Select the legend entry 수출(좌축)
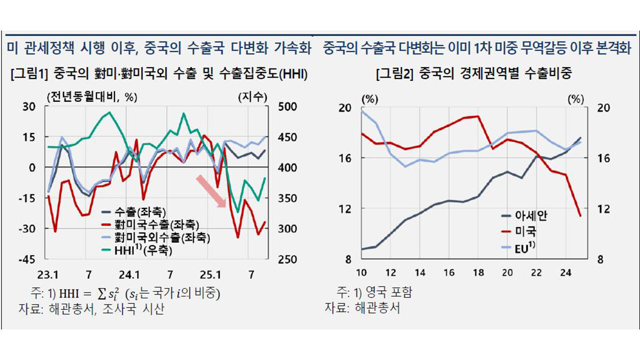pos(140,212)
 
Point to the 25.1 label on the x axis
pos(210,274)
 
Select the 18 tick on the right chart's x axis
pos(478,273)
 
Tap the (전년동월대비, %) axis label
pos(91,97)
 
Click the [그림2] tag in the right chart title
pos(394,74)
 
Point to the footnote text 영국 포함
pos(388,292)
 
